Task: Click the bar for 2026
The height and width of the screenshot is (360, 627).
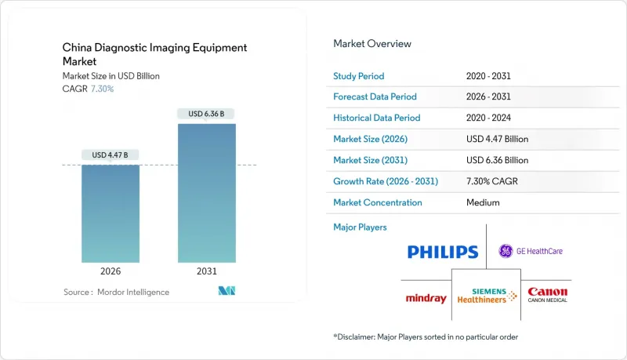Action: (111, 213)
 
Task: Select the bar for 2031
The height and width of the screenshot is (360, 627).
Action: (206, 193)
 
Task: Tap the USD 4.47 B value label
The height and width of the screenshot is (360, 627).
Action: (111, 155)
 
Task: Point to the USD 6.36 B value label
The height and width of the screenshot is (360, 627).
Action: (206, 114)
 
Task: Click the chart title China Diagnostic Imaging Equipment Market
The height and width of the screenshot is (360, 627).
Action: (154, 54)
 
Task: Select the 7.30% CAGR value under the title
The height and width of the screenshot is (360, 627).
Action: (102, 89)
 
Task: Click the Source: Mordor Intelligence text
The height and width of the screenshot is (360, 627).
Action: (116, 292)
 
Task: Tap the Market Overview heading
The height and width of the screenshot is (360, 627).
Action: (371, 43)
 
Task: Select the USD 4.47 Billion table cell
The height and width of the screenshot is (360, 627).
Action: (497, 139)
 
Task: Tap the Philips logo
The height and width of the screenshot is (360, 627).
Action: (442, 252)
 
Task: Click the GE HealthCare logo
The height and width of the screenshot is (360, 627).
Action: (531, 251)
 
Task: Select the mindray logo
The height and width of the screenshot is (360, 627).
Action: (426, 298)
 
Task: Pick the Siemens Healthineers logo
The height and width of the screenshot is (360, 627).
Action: (489, 295)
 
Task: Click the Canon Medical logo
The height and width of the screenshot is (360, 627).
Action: (547, 295)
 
